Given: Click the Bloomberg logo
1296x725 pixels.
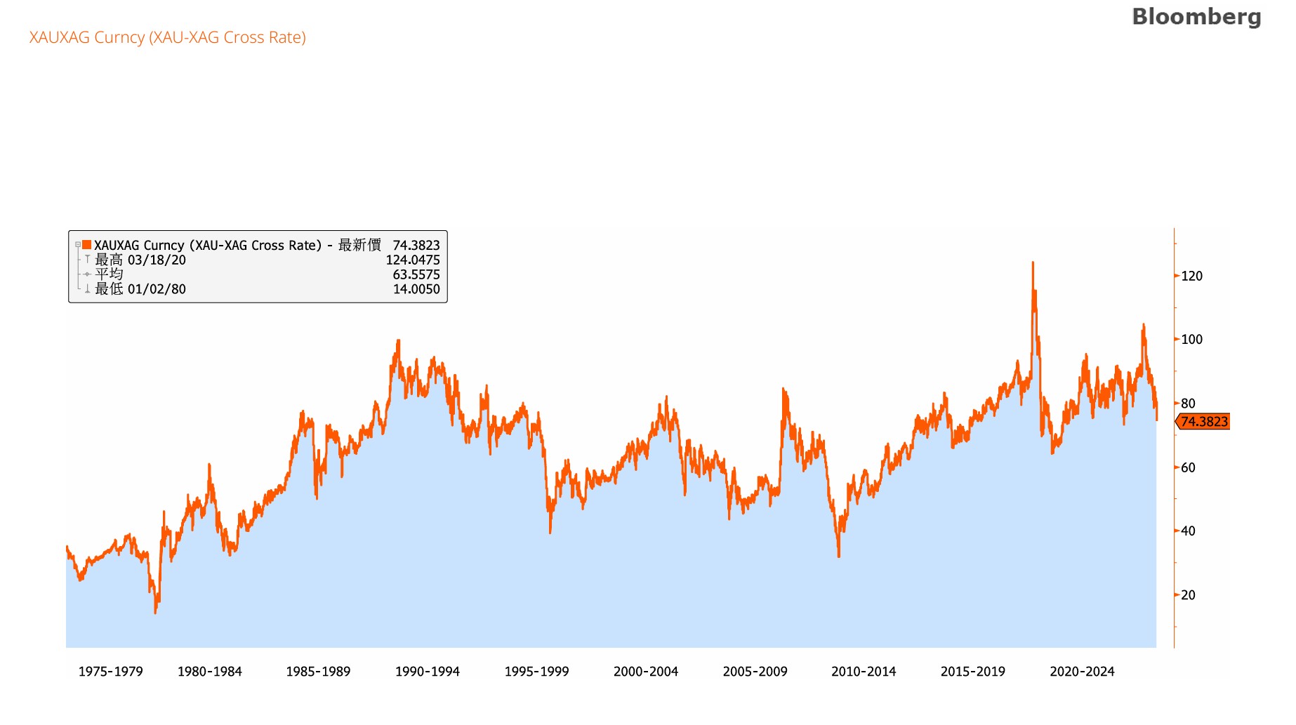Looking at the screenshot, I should pos(1196,17).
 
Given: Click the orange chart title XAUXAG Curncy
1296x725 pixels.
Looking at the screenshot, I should pos(168,37).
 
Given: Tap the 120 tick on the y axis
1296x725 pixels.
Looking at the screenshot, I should pos(1191,276).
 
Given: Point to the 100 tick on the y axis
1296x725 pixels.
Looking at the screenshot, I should pos(1191,340).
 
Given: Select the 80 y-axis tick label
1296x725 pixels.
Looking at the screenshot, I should pos(1188,404).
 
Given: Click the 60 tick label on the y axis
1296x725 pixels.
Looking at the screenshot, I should pos(1188,467).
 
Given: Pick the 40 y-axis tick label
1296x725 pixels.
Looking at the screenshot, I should pos(1188,531).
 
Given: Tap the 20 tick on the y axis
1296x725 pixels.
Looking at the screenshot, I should pos(1188,595).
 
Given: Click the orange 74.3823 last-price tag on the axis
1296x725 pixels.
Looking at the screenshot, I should pos(1204,422).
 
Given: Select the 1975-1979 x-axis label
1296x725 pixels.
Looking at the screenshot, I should pos(110,672).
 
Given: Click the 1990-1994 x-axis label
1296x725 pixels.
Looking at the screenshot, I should pos(427,672).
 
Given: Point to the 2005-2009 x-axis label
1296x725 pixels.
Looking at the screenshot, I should pos(755,672).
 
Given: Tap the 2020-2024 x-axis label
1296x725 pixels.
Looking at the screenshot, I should pos(1082,672).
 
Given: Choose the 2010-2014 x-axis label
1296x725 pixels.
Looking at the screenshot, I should pos(864,672).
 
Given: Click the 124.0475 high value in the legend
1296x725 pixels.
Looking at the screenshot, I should pos(413,260).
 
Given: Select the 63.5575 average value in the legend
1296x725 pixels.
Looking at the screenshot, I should pos(416,274).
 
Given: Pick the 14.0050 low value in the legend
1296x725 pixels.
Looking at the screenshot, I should pos(416,289).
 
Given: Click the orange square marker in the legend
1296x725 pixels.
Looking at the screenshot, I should pos(87,245).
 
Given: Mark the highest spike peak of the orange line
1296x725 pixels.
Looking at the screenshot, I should pos(1033,263).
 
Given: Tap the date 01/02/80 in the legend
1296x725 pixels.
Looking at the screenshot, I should pos(157,289).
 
